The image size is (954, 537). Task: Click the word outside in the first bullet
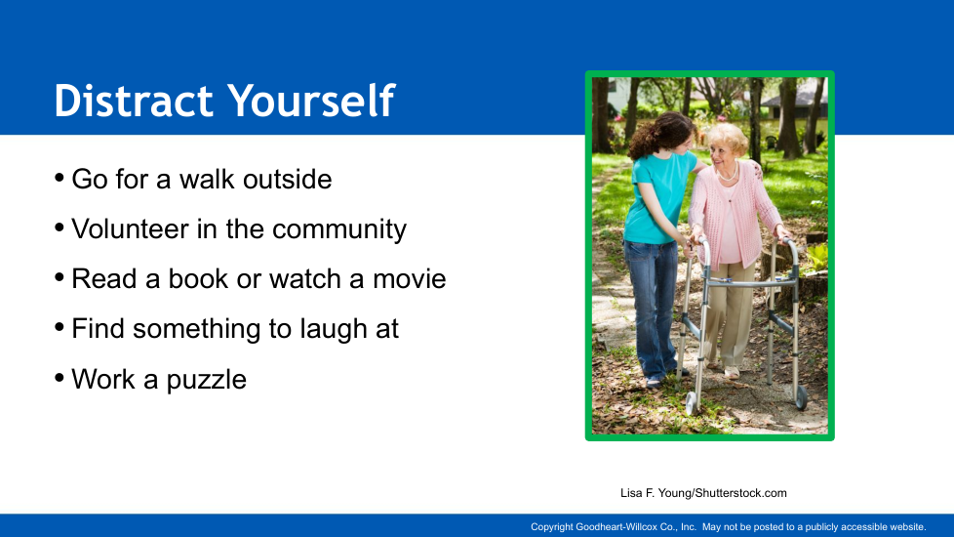point(287,179)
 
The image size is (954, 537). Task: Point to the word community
point(339,229)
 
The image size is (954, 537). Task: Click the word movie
point(410,279)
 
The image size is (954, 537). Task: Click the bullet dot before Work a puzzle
point(60,378)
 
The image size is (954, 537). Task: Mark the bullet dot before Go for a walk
point(60,178)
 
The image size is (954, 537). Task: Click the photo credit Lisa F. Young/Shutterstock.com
point(703,493)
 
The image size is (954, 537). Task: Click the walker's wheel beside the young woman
point(692,403)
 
